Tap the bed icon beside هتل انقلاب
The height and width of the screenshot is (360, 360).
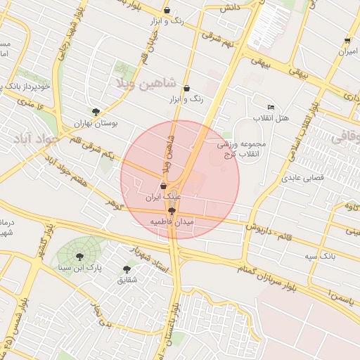click(x=271, y=107)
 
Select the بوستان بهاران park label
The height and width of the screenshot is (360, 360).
click(x=96, y=123)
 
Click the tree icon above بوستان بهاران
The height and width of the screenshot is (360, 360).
click(x=96, y=112)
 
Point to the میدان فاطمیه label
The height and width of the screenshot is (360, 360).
click(x=172, y=221)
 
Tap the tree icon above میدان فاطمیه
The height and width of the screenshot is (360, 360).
click(x=172, y=210)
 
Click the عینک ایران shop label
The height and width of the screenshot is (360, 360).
click(x=163, y=198)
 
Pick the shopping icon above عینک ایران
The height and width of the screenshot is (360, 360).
click(x=163, y=186)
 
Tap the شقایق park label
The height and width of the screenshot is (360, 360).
click(x=127, y=281)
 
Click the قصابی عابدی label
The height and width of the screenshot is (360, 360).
click(x=302, y=178)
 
